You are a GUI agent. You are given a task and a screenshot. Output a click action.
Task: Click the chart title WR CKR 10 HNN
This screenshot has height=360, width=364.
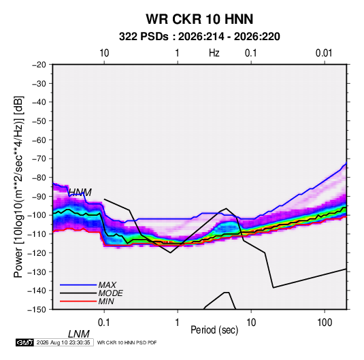[199, 19]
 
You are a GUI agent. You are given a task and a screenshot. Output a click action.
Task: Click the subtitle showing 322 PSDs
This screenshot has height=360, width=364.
[199, 37]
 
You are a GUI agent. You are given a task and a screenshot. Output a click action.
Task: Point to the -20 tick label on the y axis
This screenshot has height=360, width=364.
[39, 65]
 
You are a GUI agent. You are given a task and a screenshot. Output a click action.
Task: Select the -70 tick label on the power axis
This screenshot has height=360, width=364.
[39, 159]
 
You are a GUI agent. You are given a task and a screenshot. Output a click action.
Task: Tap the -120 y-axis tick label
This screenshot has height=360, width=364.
[37, 252]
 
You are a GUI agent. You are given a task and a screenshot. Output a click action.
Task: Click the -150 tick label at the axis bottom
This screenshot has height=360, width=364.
[37, 310]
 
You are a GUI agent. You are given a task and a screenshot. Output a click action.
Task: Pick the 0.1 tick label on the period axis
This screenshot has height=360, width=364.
[104, 323]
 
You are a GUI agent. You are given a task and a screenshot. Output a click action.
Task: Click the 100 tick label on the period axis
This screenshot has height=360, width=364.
[325, 323]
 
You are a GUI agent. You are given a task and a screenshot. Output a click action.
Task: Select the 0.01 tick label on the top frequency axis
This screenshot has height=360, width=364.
[324, 53]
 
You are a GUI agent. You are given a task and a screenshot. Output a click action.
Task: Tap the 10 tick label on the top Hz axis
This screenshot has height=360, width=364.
[104, 53]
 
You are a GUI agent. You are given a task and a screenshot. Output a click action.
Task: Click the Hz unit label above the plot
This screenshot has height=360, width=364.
[214, 53]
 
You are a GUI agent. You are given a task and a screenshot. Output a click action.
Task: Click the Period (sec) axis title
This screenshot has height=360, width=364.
[214, 330]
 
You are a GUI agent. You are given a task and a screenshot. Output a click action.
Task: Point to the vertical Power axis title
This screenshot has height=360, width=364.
[18, 187]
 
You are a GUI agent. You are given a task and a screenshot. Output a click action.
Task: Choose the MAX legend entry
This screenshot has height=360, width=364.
[107, 285]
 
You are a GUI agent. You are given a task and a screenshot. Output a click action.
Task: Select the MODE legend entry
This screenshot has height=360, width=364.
[110, 293]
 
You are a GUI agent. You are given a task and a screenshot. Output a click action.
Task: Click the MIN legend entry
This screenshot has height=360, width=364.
[106, 301]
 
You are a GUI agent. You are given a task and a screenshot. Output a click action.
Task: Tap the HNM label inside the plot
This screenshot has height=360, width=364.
[80, 193]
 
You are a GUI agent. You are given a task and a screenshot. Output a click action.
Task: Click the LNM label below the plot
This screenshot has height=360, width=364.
[79, 334]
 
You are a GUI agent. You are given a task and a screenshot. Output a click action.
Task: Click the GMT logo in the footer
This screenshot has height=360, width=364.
[25, 342]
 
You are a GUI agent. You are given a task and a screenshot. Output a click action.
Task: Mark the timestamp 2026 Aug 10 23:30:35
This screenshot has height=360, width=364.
[63, 342]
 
